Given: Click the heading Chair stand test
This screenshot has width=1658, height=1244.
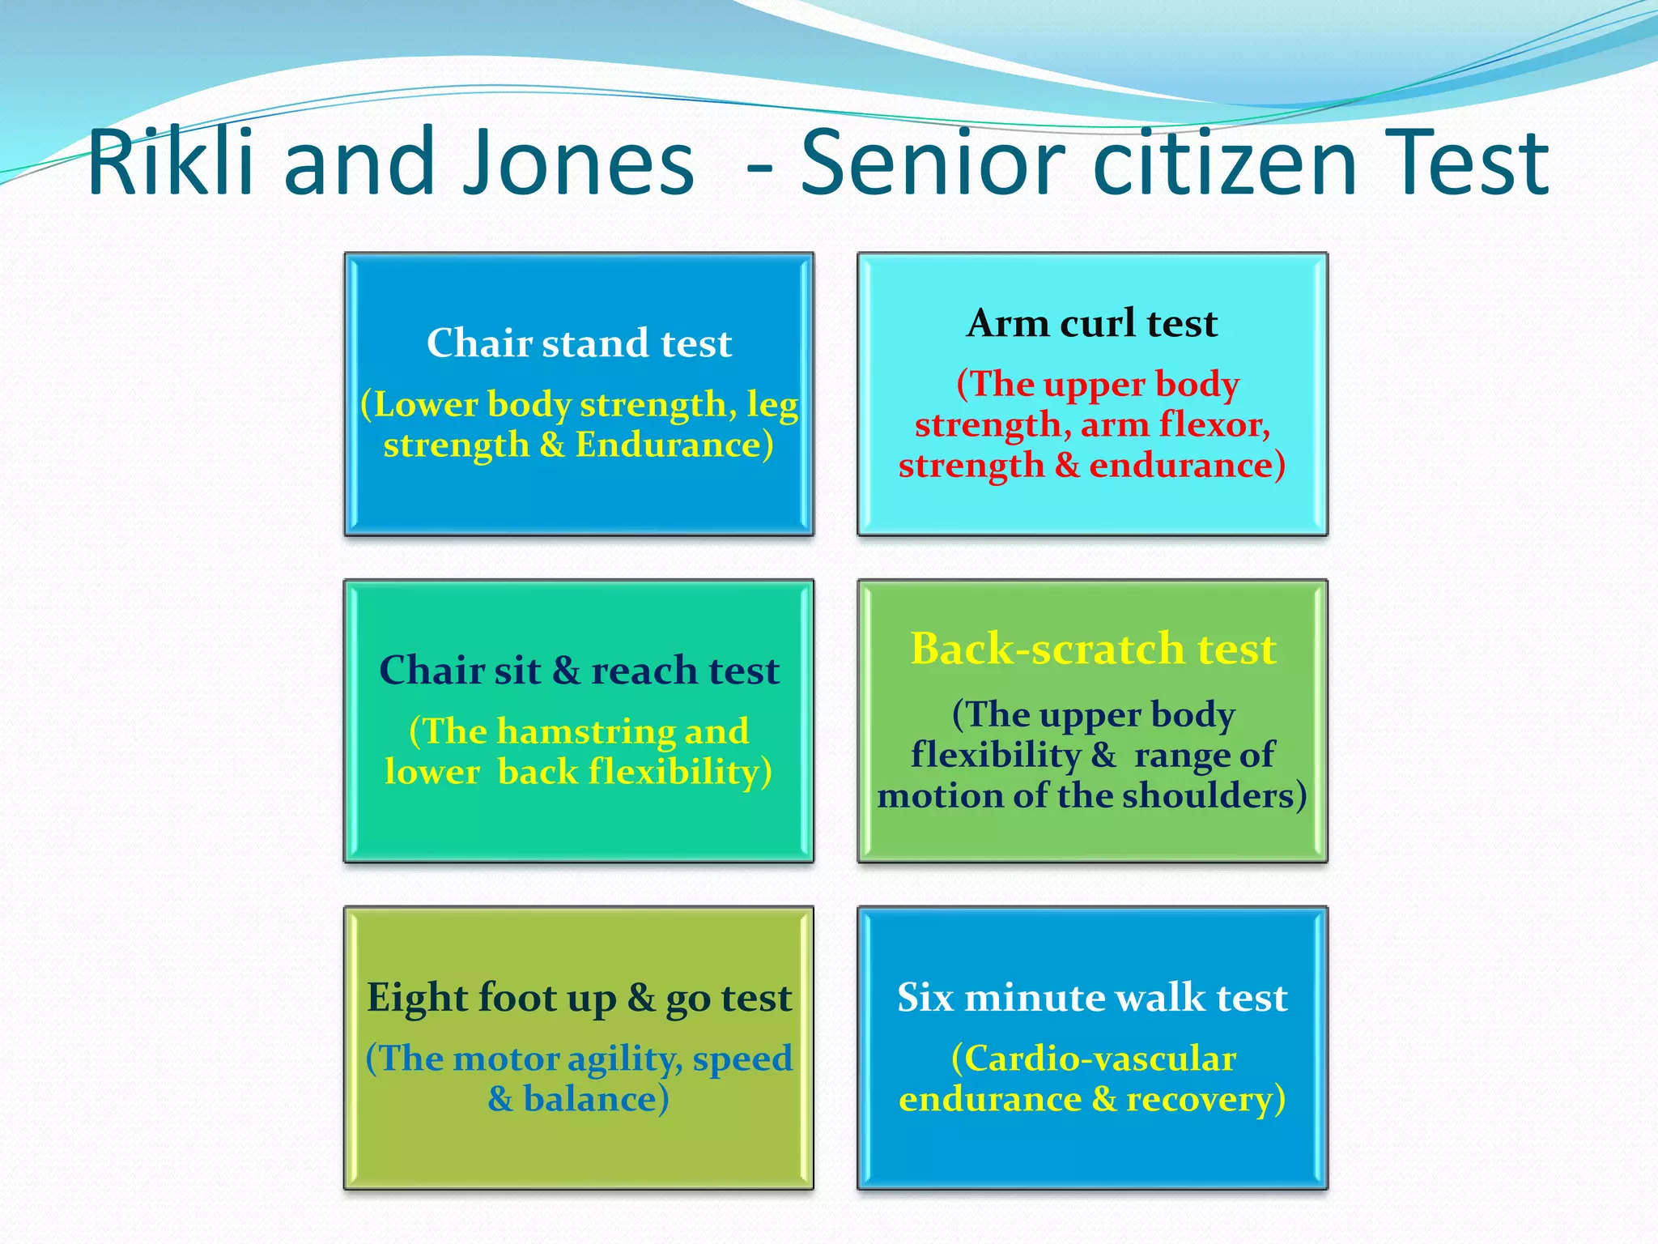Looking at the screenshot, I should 579,343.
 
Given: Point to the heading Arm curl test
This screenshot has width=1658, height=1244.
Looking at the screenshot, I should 1092,323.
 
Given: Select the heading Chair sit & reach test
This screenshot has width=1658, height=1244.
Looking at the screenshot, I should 579,671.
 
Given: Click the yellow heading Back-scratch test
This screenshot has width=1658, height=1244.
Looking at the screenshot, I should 1093,649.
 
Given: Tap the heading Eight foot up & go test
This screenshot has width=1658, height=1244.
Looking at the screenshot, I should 579,997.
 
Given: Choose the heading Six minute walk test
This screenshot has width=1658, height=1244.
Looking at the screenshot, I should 1092,997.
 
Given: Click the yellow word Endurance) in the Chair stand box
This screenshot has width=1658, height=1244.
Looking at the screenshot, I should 674,445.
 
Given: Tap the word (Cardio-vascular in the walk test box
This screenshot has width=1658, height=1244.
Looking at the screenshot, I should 1093,1059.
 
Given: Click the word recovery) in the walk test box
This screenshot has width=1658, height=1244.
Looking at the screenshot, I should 1205,1100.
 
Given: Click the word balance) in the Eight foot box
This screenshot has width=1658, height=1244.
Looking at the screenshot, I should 596,1100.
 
